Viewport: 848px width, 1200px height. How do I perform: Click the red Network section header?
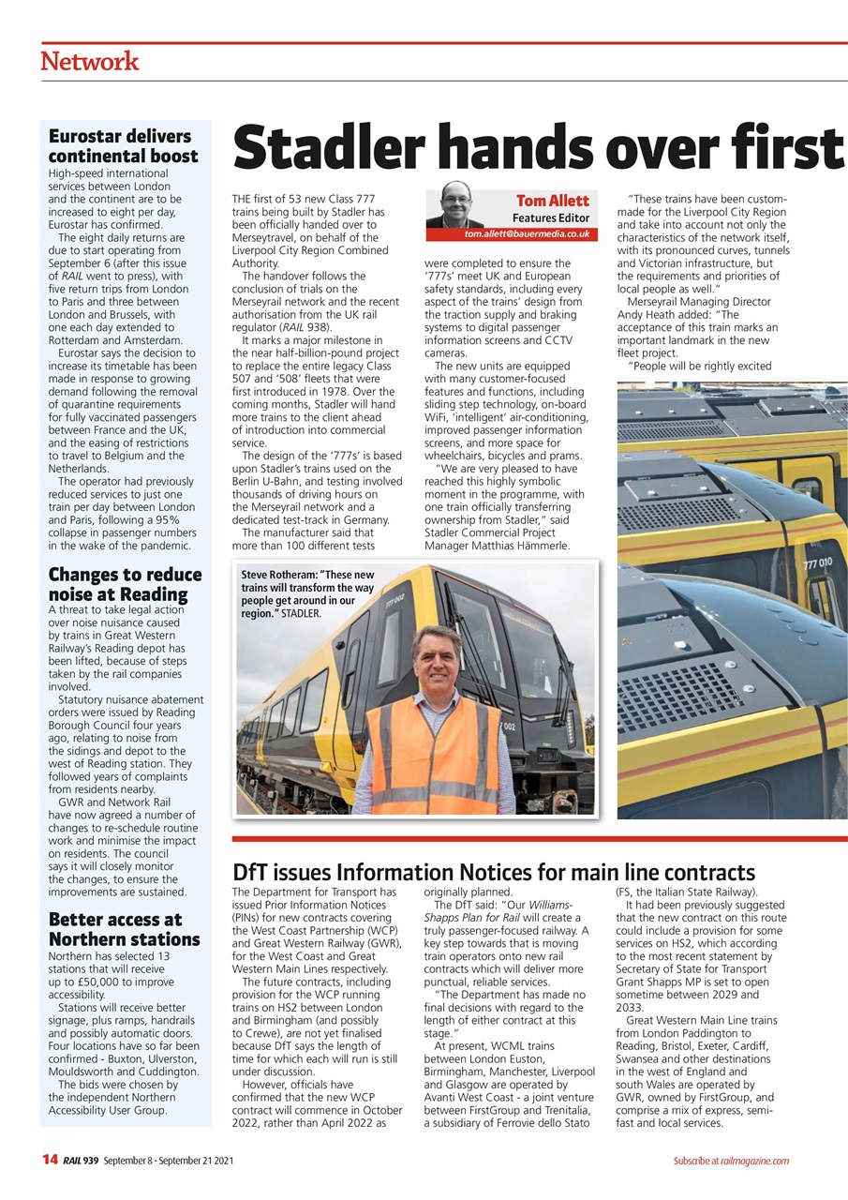click(90, 62)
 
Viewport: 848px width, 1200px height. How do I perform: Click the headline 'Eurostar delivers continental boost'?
click(123, 146)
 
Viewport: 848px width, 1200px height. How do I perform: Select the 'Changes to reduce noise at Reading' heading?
click(125, 584)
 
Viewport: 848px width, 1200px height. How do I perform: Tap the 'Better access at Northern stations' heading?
click(124, 929)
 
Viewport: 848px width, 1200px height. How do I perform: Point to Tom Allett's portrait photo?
click(454, 205)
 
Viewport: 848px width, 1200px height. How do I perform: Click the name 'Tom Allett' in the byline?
click(552, 201)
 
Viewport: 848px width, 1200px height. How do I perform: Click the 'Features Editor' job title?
click(550, 217)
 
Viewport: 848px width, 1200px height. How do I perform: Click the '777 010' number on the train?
click(817, 562)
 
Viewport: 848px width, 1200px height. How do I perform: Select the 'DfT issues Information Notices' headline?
click(493, 872)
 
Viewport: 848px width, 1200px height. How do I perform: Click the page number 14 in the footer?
click(50, 1161)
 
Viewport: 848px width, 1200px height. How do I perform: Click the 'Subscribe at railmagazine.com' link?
click(730, 1161)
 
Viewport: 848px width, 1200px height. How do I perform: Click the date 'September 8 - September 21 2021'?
click(169, 1161)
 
